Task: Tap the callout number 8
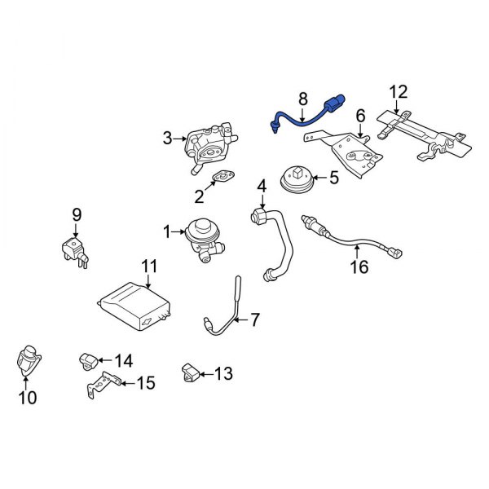302,99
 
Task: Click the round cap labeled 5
298,178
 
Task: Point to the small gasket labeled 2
222,178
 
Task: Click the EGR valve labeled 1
199,236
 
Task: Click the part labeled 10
29,362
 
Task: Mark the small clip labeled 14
89,359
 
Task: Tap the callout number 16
359,267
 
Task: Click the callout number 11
148,266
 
